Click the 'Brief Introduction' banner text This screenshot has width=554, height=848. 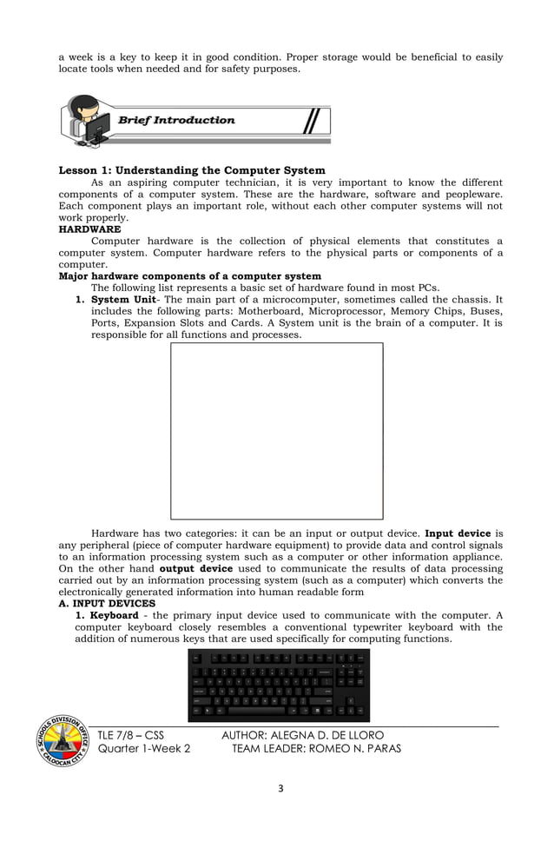176,120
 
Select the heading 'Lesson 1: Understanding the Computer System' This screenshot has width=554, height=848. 191,170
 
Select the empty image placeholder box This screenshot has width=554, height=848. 276,430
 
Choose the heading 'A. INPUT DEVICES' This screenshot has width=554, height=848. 107,603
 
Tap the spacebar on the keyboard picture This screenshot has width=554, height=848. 257,710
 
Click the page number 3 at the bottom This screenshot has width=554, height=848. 277,789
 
